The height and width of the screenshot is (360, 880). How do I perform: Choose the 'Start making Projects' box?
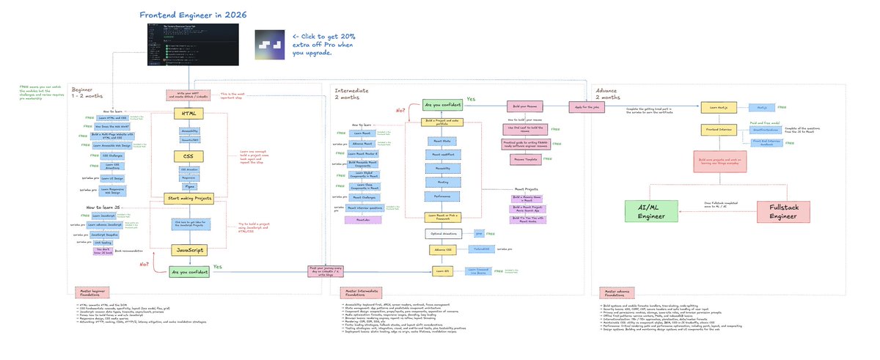click(189, 197)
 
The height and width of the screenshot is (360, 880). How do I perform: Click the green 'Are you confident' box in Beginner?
click(189, 272)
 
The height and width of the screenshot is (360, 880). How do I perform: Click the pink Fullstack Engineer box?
click(782, 212)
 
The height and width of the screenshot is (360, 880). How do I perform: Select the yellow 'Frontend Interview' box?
click(720, 130)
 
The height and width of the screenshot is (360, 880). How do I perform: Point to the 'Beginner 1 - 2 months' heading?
click(92, 93)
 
